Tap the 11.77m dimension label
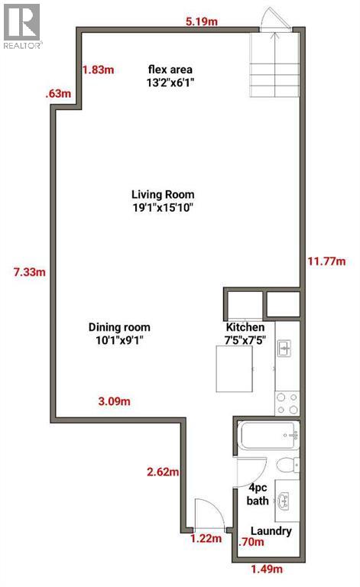pyautogui.click(x=325, y=261)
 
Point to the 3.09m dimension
pyautogui.click(x=114, y=401)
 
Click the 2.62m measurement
pyautogui.click(x=162, y=471)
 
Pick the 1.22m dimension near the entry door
pyautogui.click(x=205, y=539)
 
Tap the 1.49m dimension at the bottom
pyautogui.click(x=267, y=569)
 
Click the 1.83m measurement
pyautogui.click(x=98, y=70)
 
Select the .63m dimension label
pyautogui.click(x=58, y=94)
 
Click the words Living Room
pyautogui.click(x=163, y=194)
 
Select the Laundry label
pyautogui.click(x=271, y=531)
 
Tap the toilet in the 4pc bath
pyautogui.click(x=287, y=465)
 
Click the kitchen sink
pyautogui.click(x=284, y=350)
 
